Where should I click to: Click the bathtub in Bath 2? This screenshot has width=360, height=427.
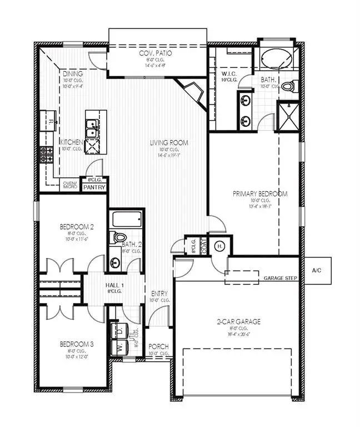(127, 219)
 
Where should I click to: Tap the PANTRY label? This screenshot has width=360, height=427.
(94, 188)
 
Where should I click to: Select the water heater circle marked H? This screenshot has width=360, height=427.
(219, 246)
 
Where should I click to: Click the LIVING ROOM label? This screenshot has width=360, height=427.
(169, 143)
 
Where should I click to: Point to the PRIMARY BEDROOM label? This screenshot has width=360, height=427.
(259, 194)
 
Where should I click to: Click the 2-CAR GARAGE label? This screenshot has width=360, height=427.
(238, 321)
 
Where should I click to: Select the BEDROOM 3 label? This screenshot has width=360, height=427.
(76, 344)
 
